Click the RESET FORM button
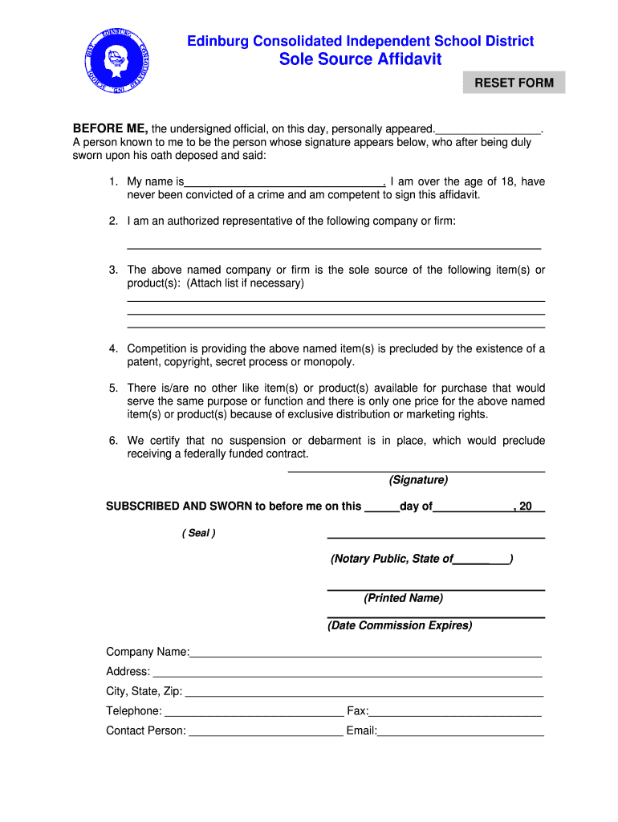pos(514,83)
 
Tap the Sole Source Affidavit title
pos(360,59)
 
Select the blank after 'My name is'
pos(285,182)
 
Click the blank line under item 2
pos(334,246)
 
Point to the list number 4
pos(114,348)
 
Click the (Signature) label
pos(418,480)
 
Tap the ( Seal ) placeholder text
pos(198,533)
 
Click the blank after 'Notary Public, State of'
pos(481,560)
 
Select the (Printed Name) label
pos(403,598)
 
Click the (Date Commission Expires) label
pos(400,625)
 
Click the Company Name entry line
pos(365,653)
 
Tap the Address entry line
pos(347,673)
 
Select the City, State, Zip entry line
pos(364,692)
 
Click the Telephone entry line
pos(253,712)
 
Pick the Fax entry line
pos(455,712)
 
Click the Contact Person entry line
pos(265,731)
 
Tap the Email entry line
pos(461,731)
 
